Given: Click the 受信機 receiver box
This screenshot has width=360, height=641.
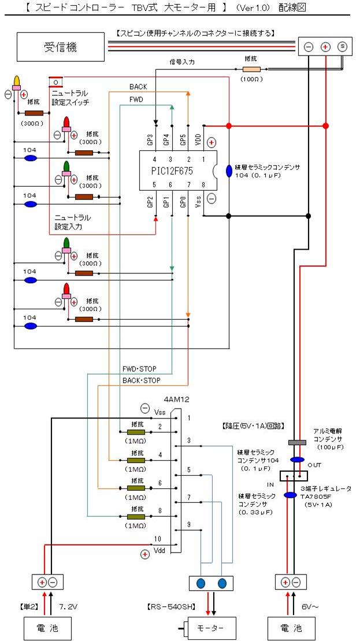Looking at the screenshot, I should (x=60, y=47).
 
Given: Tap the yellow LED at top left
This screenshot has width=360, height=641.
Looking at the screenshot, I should (x=17, y=80).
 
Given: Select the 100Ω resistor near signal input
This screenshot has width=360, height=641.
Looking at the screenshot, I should (x=251, y=68).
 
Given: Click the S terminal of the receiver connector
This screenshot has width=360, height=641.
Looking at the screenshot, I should (x=342, y=47).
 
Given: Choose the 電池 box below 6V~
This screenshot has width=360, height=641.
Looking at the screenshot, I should (x=292, y=627).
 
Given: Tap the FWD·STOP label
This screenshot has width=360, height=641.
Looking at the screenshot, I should (x=139, y=369).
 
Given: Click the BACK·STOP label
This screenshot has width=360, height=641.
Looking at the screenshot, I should (x=141, y=380).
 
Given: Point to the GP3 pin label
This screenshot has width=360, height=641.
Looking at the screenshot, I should (x=150, y=139).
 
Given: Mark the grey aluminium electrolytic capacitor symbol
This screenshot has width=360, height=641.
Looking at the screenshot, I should (x=296, y=442).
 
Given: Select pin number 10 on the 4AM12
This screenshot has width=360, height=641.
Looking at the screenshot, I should (x=157, y=539).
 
